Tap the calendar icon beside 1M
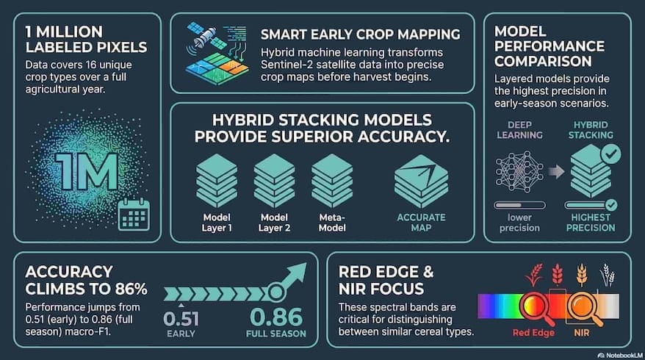pos(133,215)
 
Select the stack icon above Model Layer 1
pos(217,179)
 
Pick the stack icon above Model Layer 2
pos(274,179)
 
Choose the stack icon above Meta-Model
pos(331,179)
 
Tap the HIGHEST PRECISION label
pos(591,222)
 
